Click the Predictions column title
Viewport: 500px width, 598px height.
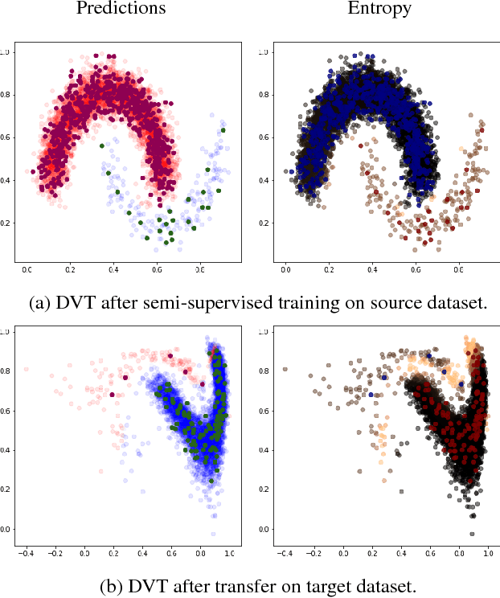(x=121, y=10)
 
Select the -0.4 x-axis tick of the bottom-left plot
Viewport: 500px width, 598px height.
(x=27, y=553)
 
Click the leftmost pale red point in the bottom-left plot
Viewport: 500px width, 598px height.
(x=27, y=369)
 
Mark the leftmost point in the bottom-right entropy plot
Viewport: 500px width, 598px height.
(x=285, y=369)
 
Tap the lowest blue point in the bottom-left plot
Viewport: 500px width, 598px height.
(x=213, y=533)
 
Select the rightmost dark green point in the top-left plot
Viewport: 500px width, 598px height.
(x=223, y=130)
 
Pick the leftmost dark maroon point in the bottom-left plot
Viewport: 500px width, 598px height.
(x=112, y=394)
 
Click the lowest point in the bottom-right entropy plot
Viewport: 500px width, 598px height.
(x=472, y=533)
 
